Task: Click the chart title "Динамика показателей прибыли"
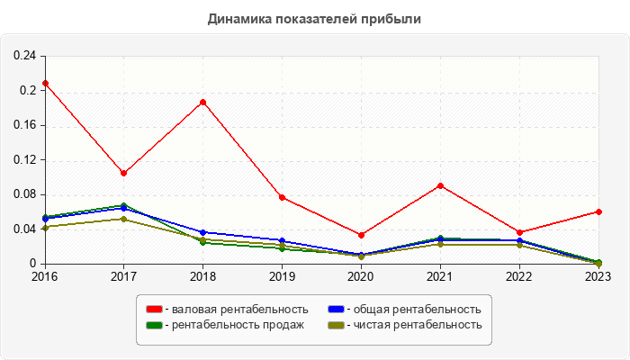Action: tap(314, 18)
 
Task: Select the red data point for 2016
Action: tap(45, 83)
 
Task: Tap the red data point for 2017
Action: tap(124, 173)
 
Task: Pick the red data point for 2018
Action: tap(203, 102)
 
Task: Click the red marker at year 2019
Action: tap(283, 197)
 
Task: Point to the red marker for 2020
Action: tap(361, 235)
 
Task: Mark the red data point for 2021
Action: tap(440, 185)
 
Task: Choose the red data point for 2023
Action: tap(598, 211)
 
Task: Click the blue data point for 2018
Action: tap(203, 232)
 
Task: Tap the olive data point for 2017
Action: tap(124, 219)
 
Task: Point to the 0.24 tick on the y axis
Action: tap(24, 56)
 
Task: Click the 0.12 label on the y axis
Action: tap(24, 160)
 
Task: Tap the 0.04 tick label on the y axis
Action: tap(24, 229)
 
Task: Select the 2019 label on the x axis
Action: tap(283, 276)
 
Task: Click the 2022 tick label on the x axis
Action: tap(519, 276)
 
